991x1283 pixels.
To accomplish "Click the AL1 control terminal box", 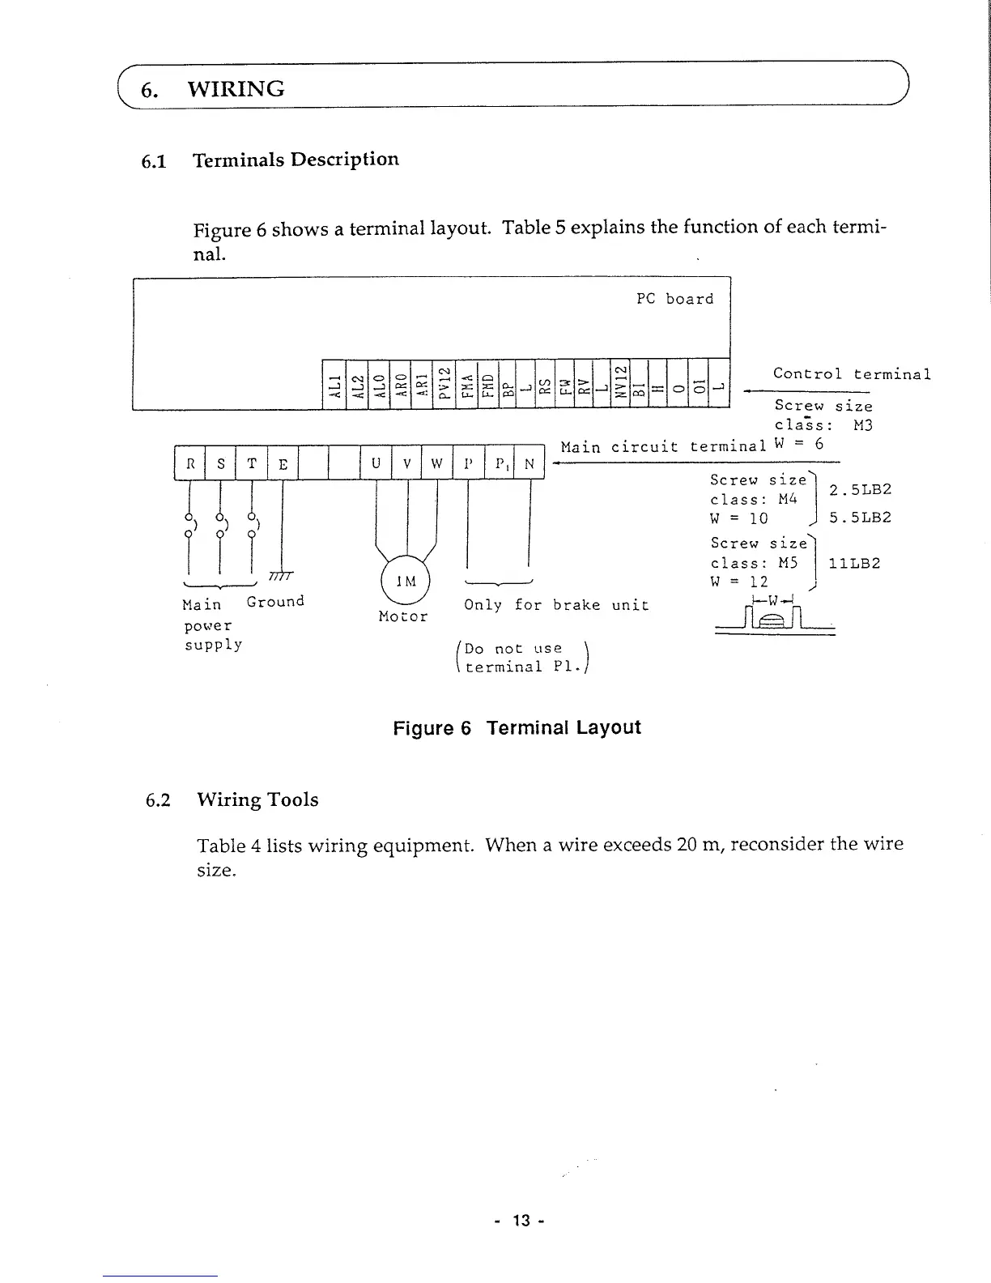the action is point(334,384).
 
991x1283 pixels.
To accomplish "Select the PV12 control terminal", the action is point(444,384).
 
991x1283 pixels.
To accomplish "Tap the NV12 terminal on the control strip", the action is point(619,383).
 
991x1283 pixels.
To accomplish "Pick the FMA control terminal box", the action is point(467,384).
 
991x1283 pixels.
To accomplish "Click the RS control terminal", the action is point(546,384).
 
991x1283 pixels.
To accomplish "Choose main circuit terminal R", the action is point(190,463).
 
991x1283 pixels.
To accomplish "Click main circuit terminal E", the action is point(283,463).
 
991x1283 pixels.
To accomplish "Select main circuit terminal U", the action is point(376,463).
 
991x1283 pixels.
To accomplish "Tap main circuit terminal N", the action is point(530,463).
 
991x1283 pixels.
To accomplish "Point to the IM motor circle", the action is point(406,580).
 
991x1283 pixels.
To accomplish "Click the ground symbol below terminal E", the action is point(281,576).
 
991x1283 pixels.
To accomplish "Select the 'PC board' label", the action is point(674,299).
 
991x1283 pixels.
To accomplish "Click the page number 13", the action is point(521,1220).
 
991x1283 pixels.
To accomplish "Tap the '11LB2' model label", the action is point(854,563).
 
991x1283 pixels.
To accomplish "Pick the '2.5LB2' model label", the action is point(860,489).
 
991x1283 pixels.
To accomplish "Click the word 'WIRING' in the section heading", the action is point(236,89).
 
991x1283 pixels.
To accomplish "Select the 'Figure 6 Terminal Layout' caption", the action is point(517,727).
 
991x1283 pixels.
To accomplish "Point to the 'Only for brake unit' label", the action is point(556,604).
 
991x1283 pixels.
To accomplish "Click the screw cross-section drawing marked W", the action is point(775,617).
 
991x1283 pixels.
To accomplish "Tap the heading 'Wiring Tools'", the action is point(258,799).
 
